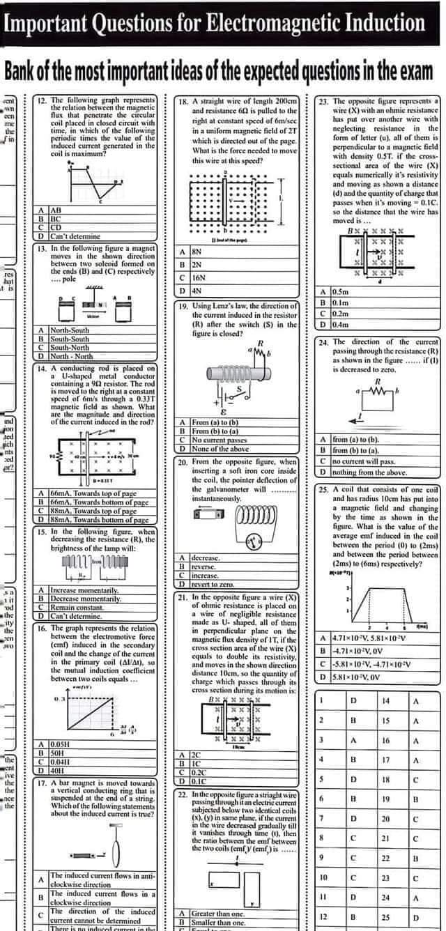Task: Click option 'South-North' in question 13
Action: [x=70, y=347]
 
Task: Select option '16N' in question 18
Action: [x=199, y=277]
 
